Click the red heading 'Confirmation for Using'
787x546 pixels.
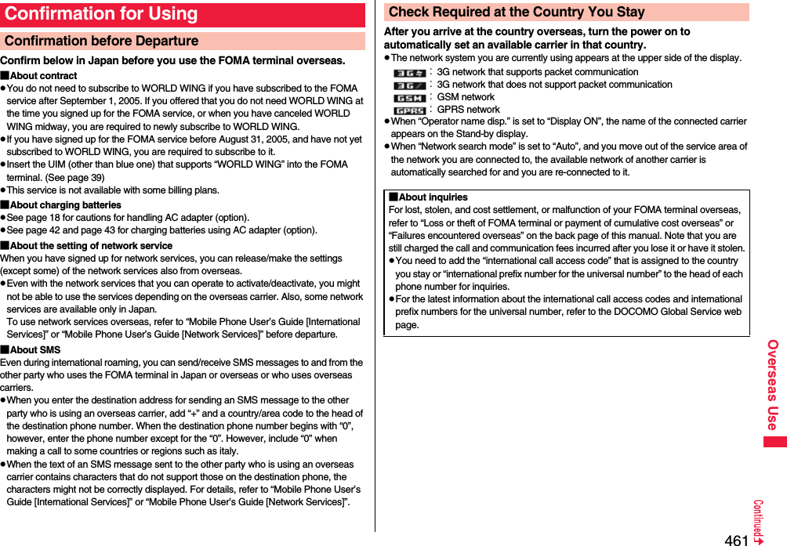[x=102, y=14]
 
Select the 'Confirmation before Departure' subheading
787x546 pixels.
[x=102, y=41]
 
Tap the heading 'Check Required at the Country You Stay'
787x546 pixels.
[x=517, y=12]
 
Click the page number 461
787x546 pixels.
[x=736, y=540]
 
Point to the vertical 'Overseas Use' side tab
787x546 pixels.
[x=773, y=385]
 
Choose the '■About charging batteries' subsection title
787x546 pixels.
[x=61, y=205]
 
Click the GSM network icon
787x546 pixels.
[x=409, y=98]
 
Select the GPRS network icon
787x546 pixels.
[x=409, y=110]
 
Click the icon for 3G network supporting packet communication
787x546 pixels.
[x=409, y=72]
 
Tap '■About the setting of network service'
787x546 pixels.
[x=86, y=246]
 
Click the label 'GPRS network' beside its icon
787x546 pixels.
[x=468, y=110]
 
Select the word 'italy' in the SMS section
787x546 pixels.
[x=228, y=451]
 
